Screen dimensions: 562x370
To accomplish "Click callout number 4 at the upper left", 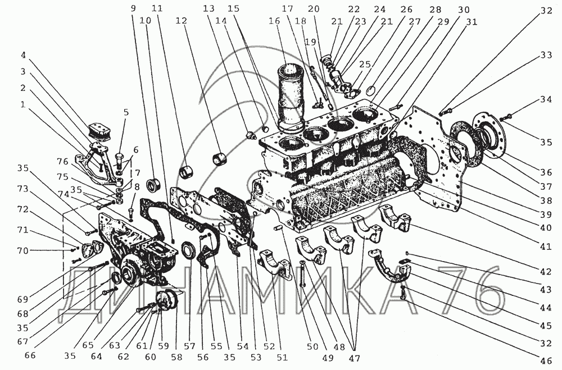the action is coord(23,56).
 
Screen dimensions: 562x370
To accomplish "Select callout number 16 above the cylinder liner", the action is coord(274,21).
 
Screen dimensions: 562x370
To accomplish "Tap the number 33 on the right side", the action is coord(546,56).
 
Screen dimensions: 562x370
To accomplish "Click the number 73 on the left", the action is coord(22,189).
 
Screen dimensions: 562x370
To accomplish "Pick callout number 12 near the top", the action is coord(182,21).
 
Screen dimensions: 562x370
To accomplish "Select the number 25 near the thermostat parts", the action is coord(365,65).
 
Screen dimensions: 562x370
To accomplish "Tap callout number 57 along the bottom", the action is coord(189,346).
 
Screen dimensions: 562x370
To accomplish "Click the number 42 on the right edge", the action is coord(546,272).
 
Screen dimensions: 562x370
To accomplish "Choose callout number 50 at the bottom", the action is coord(312,346).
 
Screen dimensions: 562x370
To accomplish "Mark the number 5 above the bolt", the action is coord(125,112).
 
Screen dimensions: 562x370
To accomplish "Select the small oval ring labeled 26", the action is coord(371,89).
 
